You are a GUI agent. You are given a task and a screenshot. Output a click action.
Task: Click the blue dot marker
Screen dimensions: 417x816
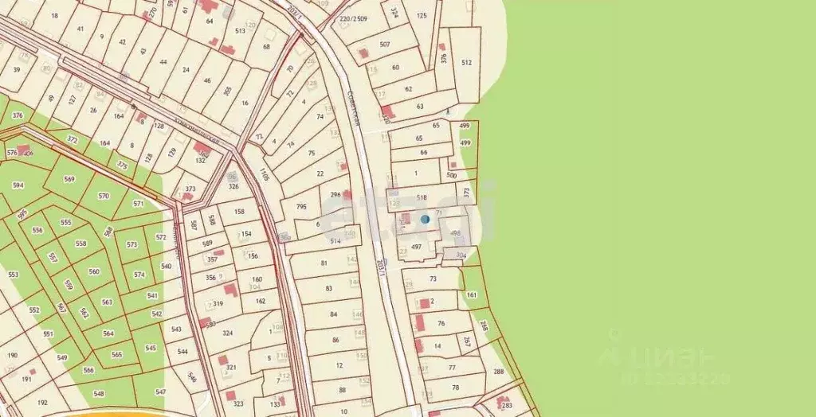pyautogui.click(x=425, y=219)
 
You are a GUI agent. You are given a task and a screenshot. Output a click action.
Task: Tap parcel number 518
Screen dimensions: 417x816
pyautogui.click(x=422, y=197)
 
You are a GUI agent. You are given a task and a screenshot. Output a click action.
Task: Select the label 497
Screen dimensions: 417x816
pyautogui.click(x=416, y=247)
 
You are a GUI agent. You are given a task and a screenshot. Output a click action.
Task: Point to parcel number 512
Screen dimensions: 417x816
pyautogui.click(x=466, y=62)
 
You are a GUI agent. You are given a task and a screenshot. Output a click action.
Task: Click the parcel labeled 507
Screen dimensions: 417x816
pyautogui.click(x=385, y=45)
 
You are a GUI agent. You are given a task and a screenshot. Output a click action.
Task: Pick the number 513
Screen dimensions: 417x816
pyautogui.click(x=240, y=31)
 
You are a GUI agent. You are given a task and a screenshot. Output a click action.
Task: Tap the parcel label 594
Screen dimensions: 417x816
pyautogui.click(x=18, y=185)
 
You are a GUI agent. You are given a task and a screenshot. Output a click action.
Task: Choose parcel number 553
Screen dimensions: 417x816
pyautogui.click(x=13, y=275)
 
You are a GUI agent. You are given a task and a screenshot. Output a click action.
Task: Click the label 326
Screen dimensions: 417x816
pyautogui.click(x=233, y=186)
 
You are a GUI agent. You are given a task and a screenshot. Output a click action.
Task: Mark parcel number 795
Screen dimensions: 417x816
pyautogui.click(x=301, y=207)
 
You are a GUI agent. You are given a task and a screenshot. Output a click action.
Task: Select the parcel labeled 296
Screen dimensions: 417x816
pyautogui.click(x=335, y=194)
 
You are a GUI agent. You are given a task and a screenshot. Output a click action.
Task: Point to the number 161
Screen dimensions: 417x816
pyautogui.click(x=471, y=294)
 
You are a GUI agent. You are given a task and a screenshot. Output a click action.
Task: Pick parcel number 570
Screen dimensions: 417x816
pyautogui.click(x=104, y=196)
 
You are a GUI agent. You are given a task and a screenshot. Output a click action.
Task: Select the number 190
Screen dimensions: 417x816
pyautogui.click(x=12, y=355)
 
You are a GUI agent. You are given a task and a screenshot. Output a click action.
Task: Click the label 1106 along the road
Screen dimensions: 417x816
pyautogui.click(x=264, y=174)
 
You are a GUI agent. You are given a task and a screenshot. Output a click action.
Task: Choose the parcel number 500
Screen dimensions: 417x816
pyautogui.click(x=452, y=175)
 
